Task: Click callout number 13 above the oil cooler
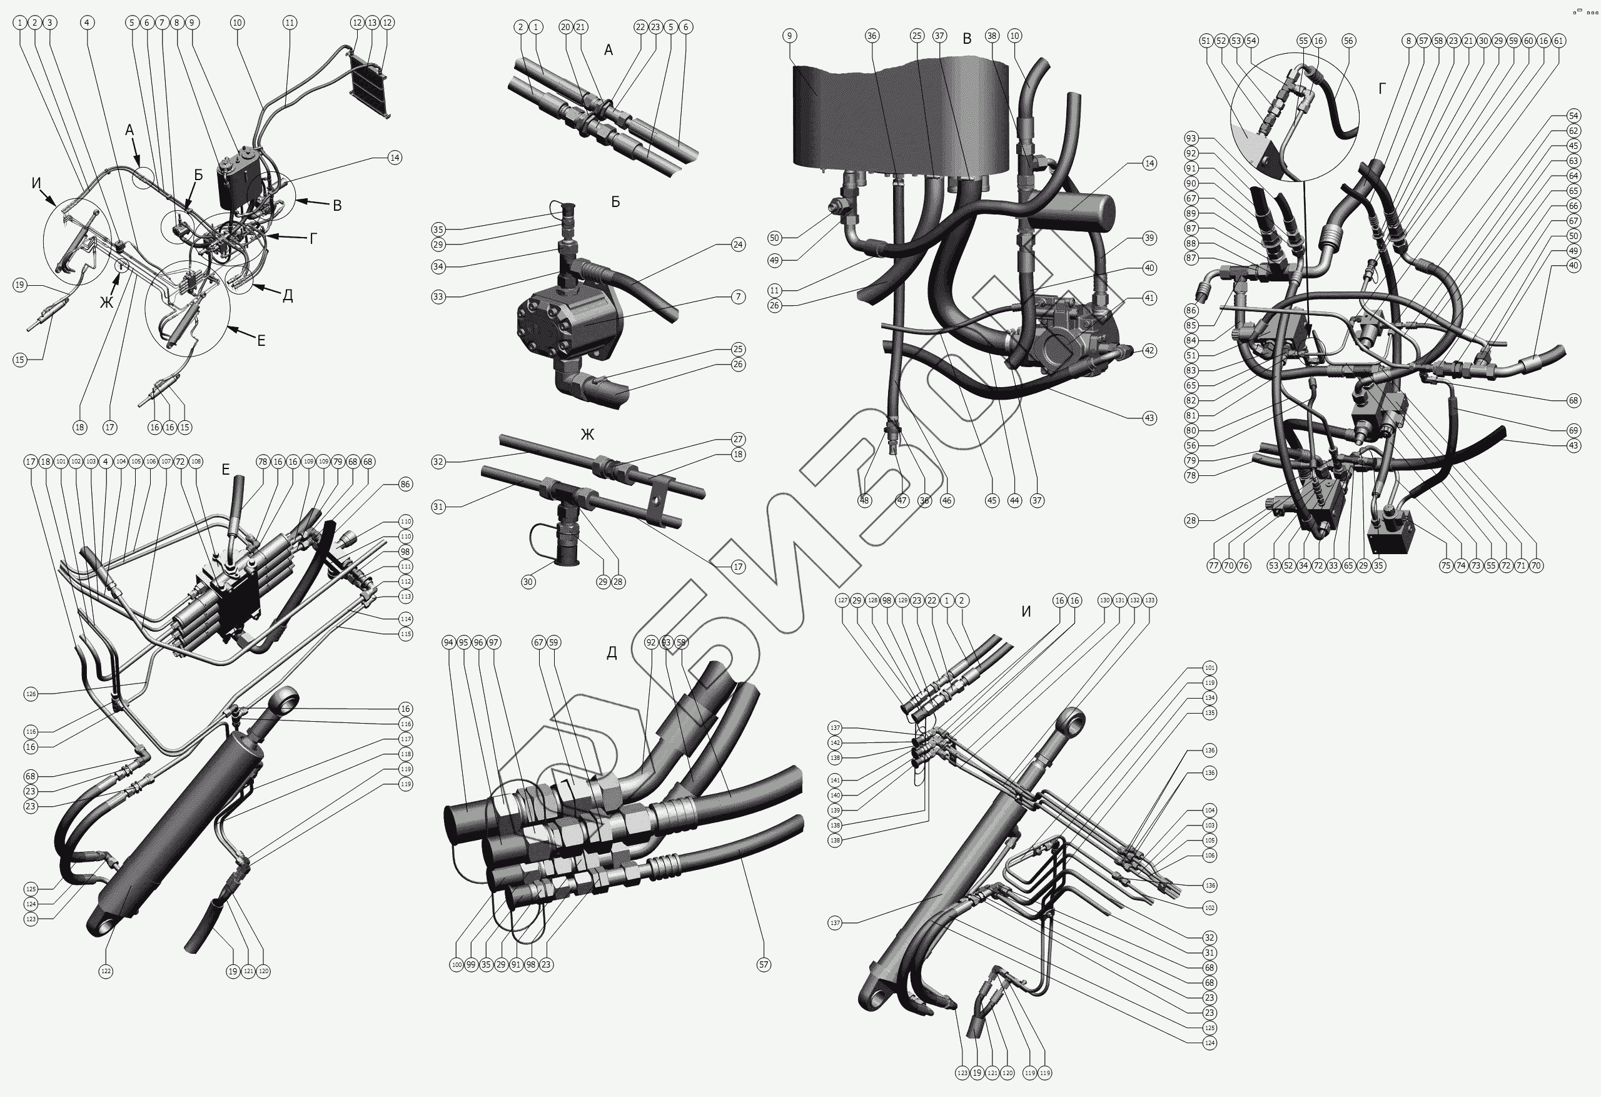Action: [x=372, y=23]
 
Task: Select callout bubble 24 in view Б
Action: [x=738, y=245]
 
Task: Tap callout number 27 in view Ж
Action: [x=738, y=440]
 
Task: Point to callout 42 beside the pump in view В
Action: [x=1149, y=350]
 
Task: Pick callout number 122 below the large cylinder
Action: [x=106, y=971]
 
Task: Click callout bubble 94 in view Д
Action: [x=448, y=643]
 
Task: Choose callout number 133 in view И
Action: [x=1149, y=600]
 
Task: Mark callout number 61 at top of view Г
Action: [x=1558, y=41]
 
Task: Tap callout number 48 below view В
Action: [x=864, y=501]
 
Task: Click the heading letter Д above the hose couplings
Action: [x=611, y=652]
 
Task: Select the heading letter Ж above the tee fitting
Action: [x=587, y=434]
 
